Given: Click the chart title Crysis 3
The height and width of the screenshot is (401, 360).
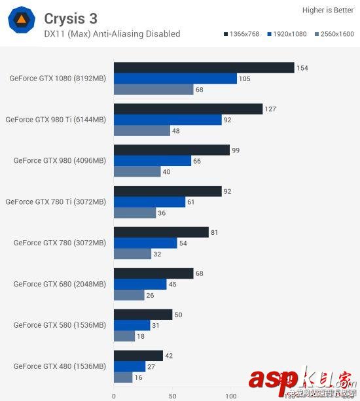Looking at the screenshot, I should [x=71, y=18].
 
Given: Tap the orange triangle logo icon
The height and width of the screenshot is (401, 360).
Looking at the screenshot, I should [x=21, y=21].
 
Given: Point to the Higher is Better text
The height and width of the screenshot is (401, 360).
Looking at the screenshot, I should [x=327, y=10].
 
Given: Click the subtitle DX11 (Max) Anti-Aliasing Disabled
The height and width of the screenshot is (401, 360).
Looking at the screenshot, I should [x=112, y=33].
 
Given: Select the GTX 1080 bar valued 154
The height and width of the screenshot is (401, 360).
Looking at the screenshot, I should [x=204, y=68].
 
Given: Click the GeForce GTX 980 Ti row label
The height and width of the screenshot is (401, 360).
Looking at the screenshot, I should [x=56, y=120].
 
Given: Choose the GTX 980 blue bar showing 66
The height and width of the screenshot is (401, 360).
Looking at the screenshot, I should [x=153, y=161].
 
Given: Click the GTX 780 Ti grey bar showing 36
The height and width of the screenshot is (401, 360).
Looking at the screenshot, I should [x=135, y=213].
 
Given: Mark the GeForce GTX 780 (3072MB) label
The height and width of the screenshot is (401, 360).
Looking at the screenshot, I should [x=60, y=243].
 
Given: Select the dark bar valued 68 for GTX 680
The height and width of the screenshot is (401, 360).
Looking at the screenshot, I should [x=154, y=273].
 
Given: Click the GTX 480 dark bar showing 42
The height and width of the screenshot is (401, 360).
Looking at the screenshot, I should [x=138, y=356].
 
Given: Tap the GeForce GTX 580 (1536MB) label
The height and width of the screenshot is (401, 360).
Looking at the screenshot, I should [x=60, y=325].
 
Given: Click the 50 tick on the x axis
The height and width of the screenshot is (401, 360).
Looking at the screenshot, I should [x=172, y=396].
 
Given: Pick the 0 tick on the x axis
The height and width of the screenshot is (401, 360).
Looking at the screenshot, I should [x=114, y=396].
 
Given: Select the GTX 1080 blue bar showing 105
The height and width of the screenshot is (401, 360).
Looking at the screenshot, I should [x=175, y=78].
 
